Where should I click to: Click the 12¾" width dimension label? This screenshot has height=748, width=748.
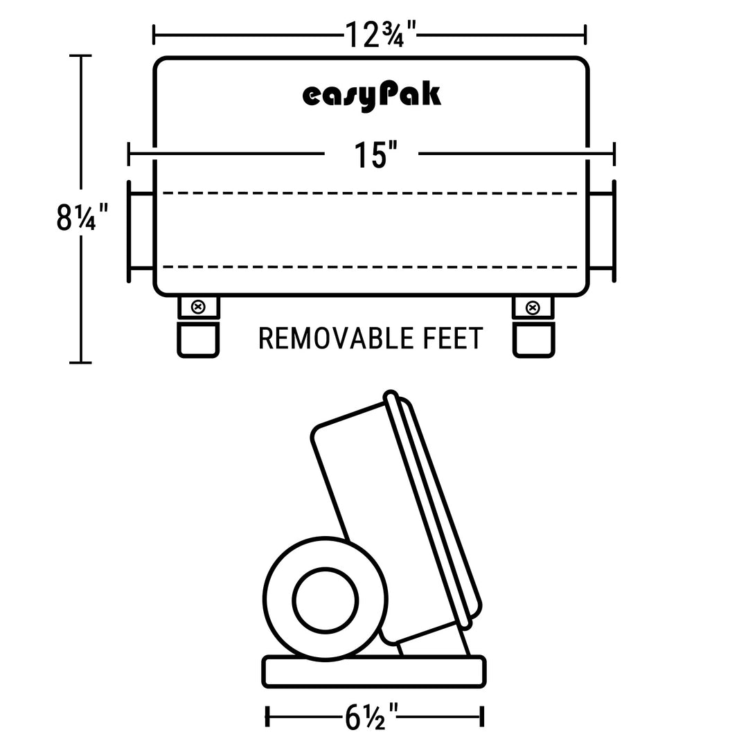point(380,35)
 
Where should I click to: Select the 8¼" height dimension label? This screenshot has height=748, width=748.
point(82,217)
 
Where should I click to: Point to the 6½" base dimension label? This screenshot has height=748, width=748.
point(371,717)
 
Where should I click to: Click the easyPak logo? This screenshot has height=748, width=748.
point(372,96)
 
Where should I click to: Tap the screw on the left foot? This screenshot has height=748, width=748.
point(198,307)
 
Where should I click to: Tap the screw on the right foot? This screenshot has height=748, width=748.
point(533,308)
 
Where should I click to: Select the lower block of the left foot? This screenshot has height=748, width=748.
point(198,339)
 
